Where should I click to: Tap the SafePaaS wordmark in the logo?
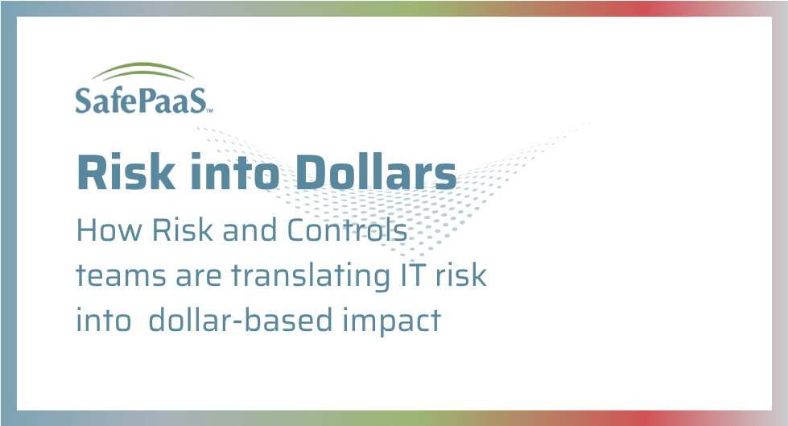(142, 100)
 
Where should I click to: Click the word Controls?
(348, 231)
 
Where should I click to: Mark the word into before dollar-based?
(103, 320)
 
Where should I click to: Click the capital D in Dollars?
(298, 172)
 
